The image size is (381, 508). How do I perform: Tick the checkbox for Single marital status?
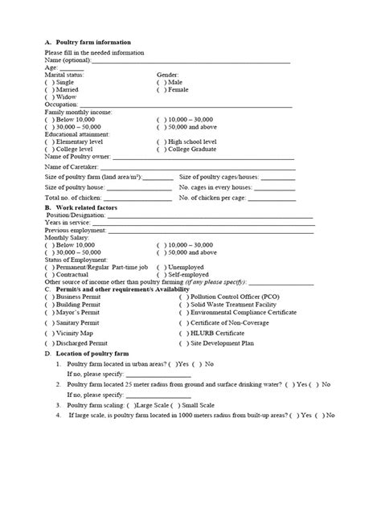[50, 82]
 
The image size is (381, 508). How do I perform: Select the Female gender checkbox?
[161, 89]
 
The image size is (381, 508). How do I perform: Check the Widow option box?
[50, 96]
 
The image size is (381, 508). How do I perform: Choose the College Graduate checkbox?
[161, 149]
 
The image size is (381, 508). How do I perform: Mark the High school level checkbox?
[161, 141]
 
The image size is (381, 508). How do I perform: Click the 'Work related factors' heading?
[88, 207]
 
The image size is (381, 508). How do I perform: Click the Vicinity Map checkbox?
[50, 332]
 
